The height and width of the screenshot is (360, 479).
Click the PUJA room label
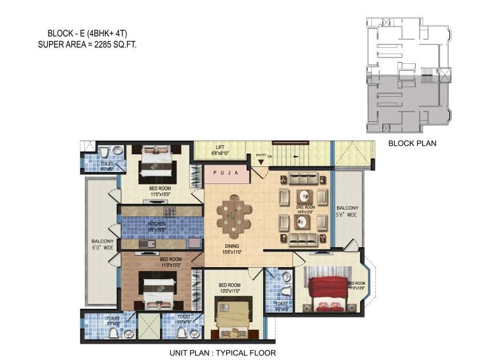point(226,173)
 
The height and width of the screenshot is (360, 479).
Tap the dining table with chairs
point(233,216)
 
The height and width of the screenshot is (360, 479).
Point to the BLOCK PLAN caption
point(412,144)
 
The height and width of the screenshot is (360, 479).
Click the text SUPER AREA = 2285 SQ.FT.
point(87,43)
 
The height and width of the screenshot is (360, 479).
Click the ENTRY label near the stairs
point(262,155)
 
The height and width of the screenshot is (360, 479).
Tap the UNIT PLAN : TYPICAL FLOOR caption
point(223,353)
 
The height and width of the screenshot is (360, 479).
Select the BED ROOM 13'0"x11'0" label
point(230,288)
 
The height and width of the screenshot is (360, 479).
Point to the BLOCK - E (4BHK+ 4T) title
point(83,33)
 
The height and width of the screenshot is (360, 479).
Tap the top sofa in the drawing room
point(302,179)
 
